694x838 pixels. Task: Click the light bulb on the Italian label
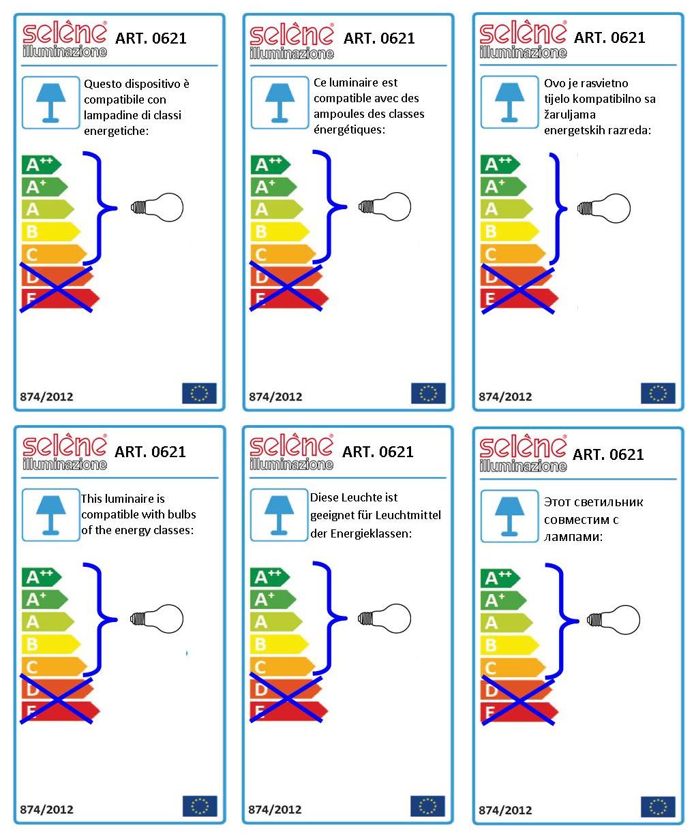tap(157, 207)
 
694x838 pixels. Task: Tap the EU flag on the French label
tap(428, 393)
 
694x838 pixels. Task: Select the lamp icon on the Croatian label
tap(509, 102)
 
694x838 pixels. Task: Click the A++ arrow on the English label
tap(42, 577)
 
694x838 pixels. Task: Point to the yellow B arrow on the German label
tap(279, 645)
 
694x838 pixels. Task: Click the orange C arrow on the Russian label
tap(513, 668)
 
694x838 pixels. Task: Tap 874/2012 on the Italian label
tap(46, 397)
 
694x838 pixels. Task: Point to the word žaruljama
tap(569, 114)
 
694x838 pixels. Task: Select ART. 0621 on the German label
tap(378, 452)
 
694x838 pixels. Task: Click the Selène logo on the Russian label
tap(523, 452)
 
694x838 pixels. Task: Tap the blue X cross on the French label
tap(286, 285)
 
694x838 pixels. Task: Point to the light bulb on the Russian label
tap(614, 620)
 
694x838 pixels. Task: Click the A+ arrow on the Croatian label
tap(503, 187)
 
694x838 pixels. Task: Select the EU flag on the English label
tap(200, 806)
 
